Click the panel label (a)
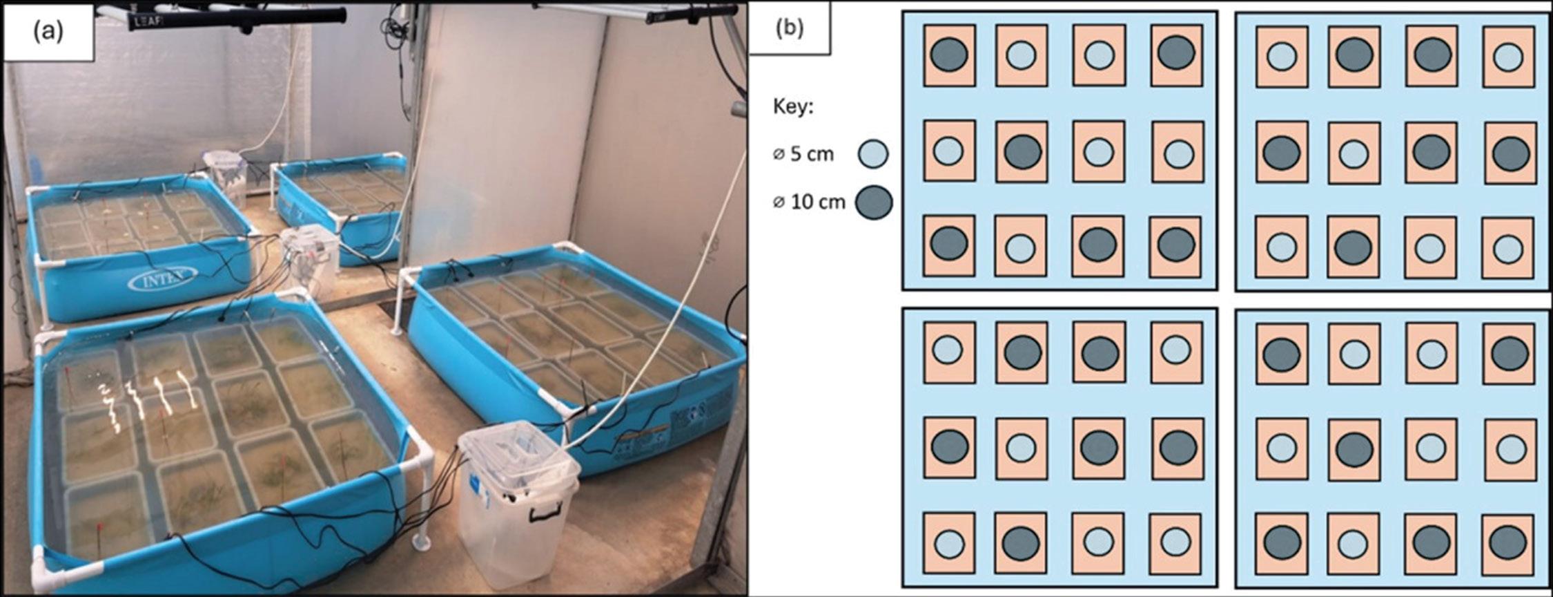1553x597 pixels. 48,32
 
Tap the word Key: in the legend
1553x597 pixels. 793,108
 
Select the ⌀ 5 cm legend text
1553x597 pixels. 803,154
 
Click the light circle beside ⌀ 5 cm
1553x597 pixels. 873,153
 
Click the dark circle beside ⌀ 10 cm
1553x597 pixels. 873,202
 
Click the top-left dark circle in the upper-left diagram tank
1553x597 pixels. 949,55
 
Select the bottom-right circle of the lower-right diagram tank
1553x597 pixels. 1507,543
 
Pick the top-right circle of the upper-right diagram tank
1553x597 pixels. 1508,57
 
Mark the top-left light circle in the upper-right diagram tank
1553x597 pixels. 1282,57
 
